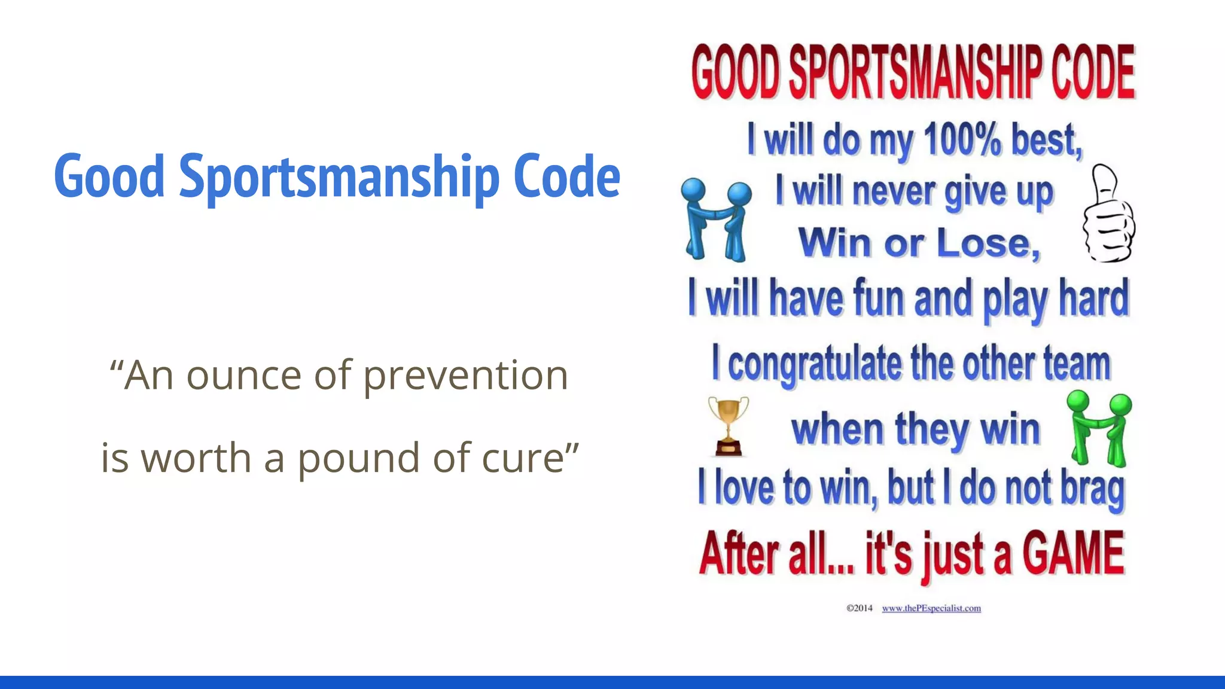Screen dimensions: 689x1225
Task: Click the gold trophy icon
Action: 729,426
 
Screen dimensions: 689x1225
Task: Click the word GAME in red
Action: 1073,554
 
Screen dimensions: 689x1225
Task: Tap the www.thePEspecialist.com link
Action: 931,608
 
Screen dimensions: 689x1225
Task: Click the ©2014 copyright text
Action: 859,608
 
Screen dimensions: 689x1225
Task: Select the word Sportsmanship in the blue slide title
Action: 339,176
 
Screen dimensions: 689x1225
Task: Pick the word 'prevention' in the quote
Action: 466,376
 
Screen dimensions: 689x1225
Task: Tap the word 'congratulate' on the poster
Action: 815,364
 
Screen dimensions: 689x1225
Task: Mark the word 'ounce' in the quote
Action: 244,376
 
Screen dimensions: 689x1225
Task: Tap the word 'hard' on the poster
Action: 1094,298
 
